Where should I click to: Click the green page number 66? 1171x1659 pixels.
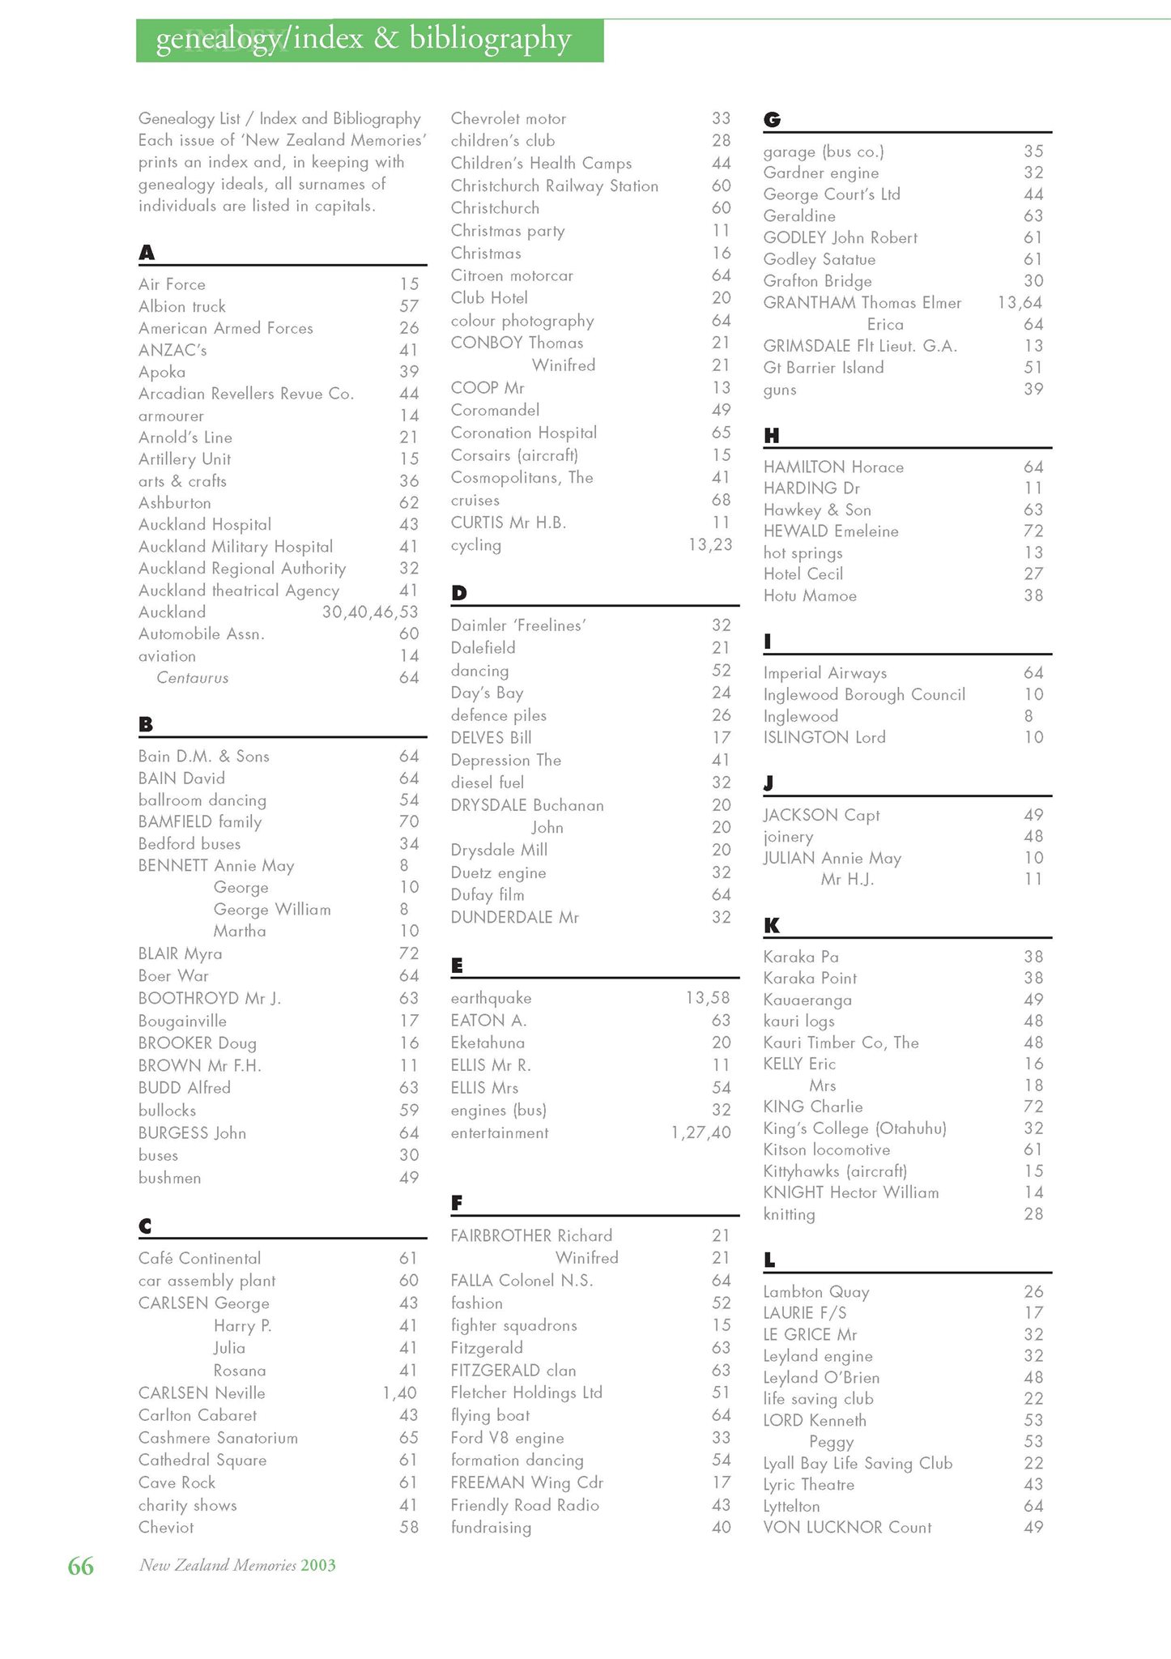pos(80,1566)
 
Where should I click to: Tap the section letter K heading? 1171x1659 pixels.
pos(771,925)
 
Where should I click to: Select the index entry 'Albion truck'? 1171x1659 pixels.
pos(182,306)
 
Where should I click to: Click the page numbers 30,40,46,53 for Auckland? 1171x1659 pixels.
pos(370,612)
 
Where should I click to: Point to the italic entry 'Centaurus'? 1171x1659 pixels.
pos(192,678)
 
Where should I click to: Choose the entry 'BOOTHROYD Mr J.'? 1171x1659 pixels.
pos(209,998)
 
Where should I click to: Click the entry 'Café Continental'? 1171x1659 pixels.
pos(199,1258)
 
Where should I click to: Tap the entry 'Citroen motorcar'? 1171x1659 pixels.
pos(512,275)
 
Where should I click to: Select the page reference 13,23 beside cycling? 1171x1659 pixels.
pos(709,545)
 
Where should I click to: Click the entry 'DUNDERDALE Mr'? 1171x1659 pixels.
pos(514,918)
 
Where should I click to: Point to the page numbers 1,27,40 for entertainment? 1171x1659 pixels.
pos(700,1133)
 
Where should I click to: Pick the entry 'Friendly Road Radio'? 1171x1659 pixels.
pos(525,1505)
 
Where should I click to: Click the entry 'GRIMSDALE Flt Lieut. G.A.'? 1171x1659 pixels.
pos(860,346)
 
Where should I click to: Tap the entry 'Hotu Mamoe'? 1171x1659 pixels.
pos(810,596)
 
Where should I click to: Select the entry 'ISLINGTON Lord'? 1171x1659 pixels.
pos(824,737)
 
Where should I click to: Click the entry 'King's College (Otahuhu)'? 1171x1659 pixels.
pos(854,1128)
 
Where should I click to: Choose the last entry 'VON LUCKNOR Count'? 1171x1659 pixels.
pos(847,1528)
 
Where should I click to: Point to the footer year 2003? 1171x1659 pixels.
pos(318,1565)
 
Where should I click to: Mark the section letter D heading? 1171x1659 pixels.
pos(459,593)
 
